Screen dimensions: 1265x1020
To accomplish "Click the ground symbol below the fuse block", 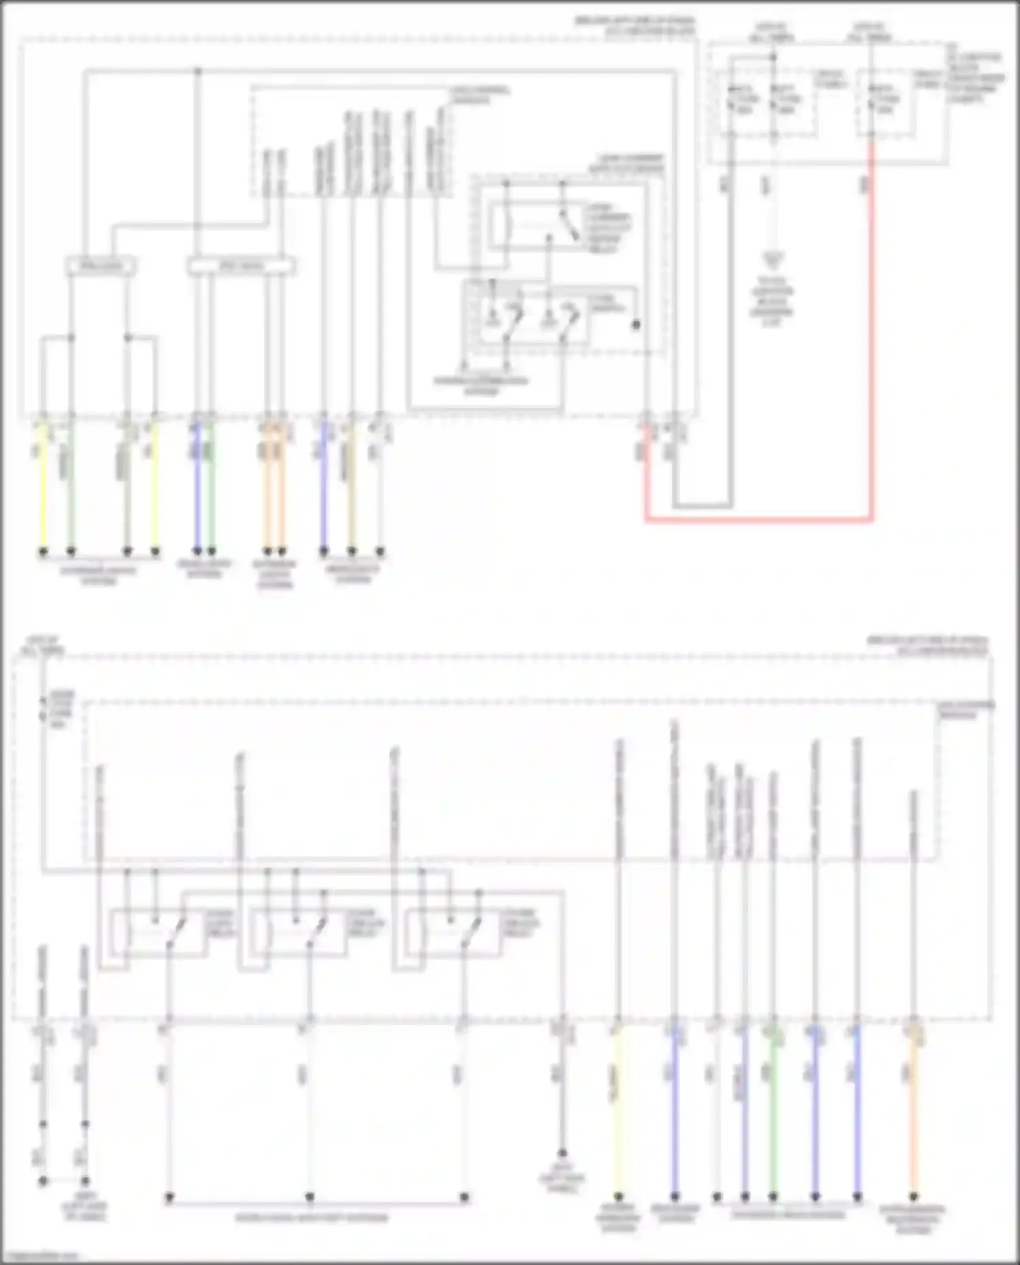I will click(772, 258).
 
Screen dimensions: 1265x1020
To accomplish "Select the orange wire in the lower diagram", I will click(913, 1115).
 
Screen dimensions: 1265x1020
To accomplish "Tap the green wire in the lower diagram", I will click(773, 1115).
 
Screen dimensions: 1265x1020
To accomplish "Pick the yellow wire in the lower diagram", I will click(618, 1115).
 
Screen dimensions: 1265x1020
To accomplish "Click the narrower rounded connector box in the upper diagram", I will click(100, 266).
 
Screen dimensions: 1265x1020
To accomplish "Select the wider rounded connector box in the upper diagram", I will click(241, 266).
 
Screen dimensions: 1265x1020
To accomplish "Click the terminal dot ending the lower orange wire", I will click(913, 1196).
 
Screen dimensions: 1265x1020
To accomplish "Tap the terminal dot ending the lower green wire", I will click(773, 1196).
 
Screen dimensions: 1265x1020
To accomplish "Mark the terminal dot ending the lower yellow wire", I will click(618, 1196).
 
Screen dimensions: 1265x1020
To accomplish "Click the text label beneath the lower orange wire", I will click(913, 1219).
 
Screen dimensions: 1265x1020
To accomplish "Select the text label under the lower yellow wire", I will click(618, 1218).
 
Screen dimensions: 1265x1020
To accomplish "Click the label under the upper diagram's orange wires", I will click(275, 574).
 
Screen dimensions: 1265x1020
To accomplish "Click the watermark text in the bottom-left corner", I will click(41, 1256).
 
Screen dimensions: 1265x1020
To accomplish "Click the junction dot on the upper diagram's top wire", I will click(198, 71).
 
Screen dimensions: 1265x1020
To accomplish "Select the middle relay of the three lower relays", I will click(295, 933).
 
